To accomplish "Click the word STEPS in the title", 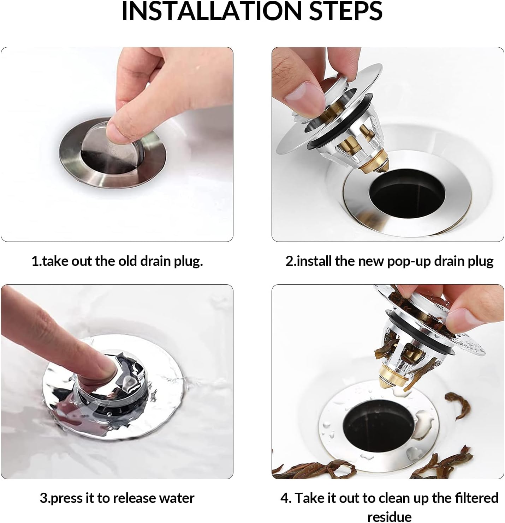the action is click(x=346, y=11).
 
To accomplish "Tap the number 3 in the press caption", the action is click(x=43, y=499).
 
